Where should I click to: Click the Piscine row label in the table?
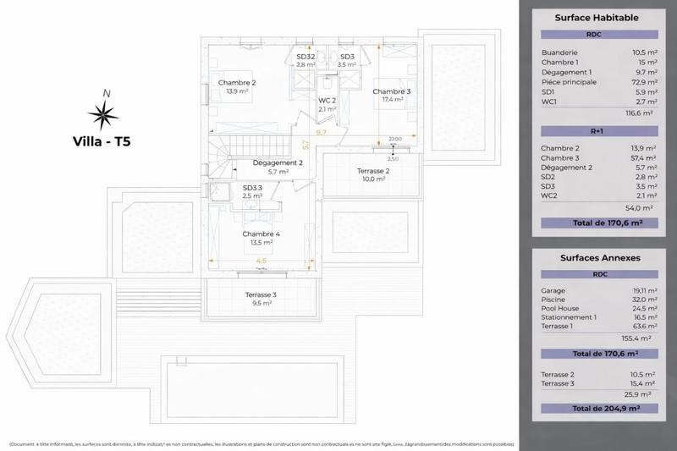553,299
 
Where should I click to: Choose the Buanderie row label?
559,52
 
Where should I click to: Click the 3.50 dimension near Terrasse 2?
392,158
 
